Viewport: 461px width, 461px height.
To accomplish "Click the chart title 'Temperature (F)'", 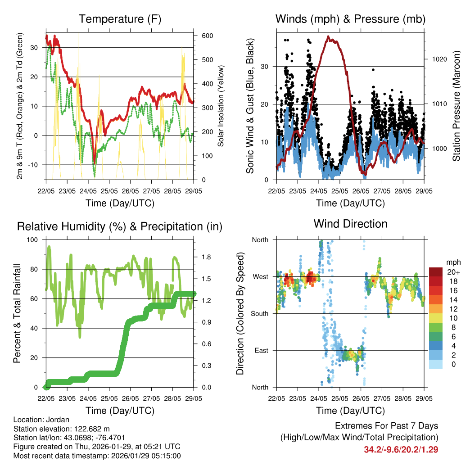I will tap(120, 19).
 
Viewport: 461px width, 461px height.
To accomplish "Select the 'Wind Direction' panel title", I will tap(350, 223).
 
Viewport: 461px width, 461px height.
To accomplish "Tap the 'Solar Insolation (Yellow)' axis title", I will tap(221, 105).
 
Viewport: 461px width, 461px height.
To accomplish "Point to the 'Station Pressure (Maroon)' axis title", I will tap(456, 106).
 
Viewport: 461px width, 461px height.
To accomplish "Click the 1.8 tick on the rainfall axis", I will tap(202, 258).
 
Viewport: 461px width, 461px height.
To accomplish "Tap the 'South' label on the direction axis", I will tap(260, 313).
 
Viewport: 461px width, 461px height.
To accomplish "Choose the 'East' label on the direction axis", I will tap(262, 350).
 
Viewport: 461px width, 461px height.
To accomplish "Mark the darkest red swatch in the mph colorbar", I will tap(435, 272).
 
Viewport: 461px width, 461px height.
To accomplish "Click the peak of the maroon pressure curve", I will tap(328, 36).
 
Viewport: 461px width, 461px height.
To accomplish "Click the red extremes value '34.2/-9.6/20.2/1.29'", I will tap(401, 449).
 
